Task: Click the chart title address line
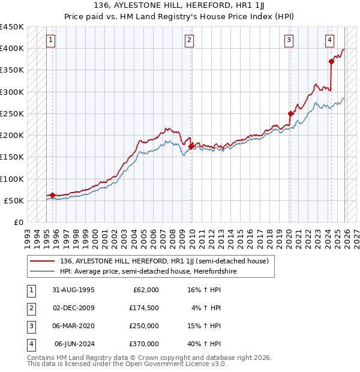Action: pos(180,5)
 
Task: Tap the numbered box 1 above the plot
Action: pos(50,40)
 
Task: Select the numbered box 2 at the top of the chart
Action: pos(189,40)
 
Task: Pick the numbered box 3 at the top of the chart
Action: pos(289,40)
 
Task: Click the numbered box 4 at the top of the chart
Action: pos(330,40)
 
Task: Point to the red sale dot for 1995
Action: pos(53,195)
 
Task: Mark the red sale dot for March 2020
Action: pos(290,113)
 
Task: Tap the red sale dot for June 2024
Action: pos(331,61)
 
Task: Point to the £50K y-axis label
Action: pos(14,200)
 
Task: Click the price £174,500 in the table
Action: pos(144,308)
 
